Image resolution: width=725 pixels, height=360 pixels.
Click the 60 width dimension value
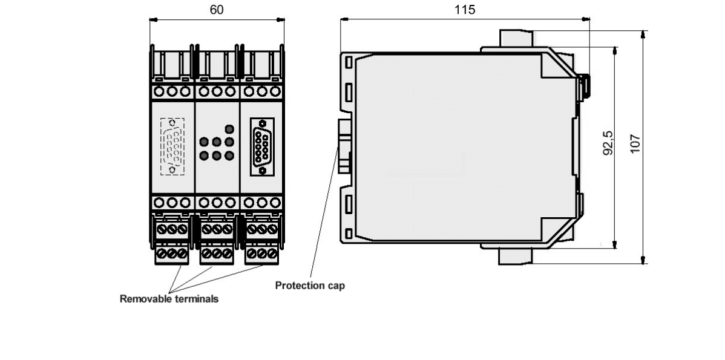pos(217,10)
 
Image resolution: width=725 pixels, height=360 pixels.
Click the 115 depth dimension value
pos(465,10)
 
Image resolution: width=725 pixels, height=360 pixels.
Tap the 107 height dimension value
pos(636,143)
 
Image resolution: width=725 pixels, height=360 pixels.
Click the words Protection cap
pos(310,286)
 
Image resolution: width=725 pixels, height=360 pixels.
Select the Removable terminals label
pos(169,298)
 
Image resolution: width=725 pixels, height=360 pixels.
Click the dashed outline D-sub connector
pos(172,146)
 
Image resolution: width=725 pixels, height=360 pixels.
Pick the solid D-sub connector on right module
pos(262,146)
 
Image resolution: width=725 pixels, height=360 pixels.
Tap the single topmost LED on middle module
pos(229,129)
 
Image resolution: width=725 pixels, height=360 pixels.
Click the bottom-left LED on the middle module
pos(204,155)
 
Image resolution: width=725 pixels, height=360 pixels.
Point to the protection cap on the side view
pos(344,146)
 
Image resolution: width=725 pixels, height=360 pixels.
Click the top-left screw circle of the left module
pos(159,91)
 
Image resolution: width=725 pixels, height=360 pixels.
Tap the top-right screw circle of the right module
pos(275,91)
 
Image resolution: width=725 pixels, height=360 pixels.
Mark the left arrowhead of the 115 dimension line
pos(344,19)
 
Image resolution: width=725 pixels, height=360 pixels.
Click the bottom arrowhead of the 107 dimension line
pos(643,260)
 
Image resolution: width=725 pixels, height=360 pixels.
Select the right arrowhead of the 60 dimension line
pos(281,19)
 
